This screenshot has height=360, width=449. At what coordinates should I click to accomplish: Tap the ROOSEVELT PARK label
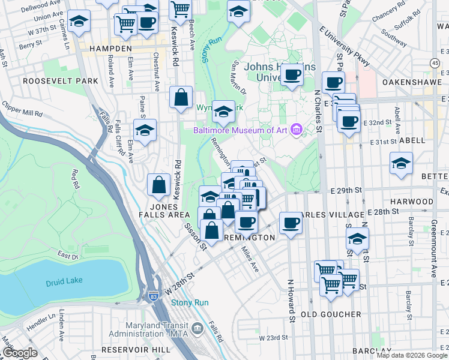click(x=52, y=80)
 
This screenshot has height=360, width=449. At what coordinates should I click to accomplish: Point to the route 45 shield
click(x=435, y=62)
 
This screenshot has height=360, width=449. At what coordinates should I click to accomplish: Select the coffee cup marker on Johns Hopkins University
click(x=292, y=75)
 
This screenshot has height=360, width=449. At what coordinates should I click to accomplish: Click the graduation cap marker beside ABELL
click(x=401, y=163)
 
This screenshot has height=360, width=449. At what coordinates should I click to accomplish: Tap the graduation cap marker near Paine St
click(x=145, y=130)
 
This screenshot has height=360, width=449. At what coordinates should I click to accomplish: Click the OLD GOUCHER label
click(x=331, y=314)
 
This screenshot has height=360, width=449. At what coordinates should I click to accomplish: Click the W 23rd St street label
click(x=273, y=338)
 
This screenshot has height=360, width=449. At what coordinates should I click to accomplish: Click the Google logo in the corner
click(x=20, y=353)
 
